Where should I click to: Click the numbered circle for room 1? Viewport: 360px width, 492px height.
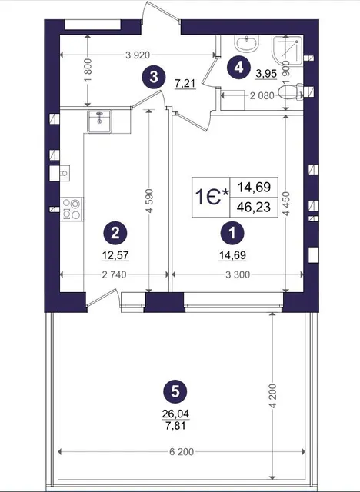(232, 233)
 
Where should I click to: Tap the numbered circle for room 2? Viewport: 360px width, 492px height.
(115, 233)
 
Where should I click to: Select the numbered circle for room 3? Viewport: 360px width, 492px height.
(154, 77)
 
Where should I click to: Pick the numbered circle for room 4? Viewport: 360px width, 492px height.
(239, 67)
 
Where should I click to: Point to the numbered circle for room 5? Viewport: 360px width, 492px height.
(175, 391)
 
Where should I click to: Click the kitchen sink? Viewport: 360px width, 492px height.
(100, 121)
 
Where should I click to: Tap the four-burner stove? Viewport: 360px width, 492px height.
(72, 209)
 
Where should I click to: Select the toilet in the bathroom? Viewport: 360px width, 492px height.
(291, 92)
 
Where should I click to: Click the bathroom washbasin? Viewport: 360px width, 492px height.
(247, 43)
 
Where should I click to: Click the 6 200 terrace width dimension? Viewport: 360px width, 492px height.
(182, 452)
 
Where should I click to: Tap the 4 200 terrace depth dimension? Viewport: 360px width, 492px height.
(273, 396)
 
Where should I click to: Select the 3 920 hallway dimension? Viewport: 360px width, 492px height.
(138, 55)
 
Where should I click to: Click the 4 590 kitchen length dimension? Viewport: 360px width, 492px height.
(149, 201)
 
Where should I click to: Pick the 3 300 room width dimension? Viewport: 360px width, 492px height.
(238, 275)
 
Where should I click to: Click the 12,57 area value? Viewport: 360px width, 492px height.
(115, 255)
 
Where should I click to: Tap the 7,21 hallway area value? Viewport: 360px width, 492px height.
(185, 84)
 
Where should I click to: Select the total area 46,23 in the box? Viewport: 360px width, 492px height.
(254, 208)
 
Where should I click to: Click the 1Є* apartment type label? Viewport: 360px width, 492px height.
(212, 198)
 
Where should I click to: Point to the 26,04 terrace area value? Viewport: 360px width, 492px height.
(175, 414)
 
